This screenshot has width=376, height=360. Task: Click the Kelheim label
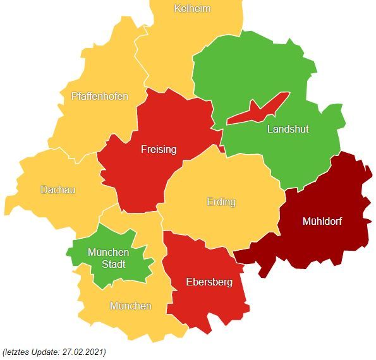(192, 9)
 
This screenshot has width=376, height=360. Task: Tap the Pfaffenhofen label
(100, 97)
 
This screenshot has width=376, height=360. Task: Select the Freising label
(159, 150)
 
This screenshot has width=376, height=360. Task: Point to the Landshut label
(288, 129)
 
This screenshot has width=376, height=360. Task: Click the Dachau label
(58, 189)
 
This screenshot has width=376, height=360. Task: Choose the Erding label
(221, 202)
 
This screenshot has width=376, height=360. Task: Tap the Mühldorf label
(327, 221)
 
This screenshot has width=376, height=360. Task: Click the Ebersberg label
(209, 282)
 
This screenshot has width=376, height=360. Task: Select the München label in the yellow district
(131, 306)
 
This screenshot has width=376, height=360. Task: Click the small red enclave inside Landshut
(256, 111)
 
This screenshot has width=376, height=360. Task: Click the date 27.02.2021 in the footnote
(82, 352)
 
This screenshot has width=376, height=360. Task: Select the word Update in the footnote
(44, 352)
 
